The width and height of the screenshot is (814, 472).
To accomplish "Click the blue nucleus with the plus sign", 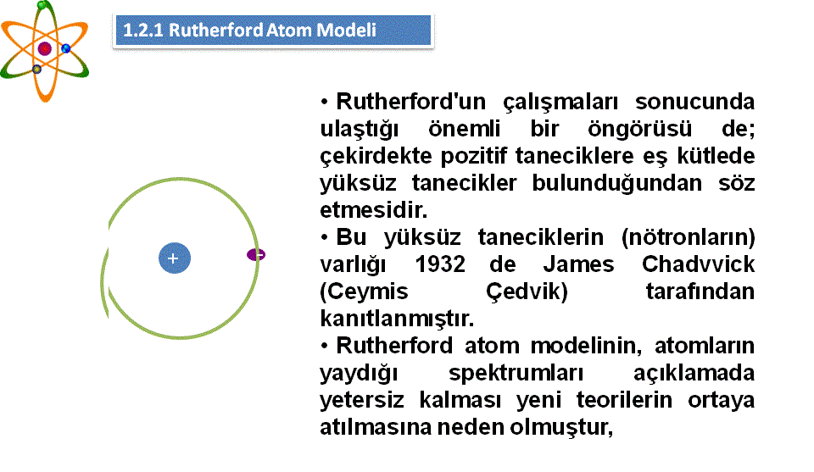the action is click(175, 258).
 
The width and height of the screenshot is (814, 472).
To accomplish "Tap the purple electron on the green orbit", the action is click(256, 255).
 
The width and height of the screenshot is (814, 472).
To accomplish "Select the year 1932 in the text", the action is click(440, 264).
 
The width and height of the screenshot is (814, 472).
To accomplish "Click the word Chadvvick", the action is click(698, 264).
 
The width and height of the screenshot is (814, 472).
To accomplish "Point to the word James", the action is click(578, 264).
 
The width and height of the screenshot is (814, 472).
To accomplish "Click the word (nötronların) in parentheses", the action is click(688, 237).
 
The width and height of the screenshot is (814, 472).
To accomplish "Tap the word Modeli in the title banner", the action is click(346, 31).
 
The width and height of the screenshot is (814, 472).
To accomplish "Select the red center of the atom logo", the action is click(45, 49).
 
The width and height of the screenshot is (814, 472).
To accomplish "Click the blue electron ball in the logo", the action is click(66, 49).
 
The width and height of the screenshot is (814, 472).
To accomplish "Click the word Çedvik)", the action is click(527, 292).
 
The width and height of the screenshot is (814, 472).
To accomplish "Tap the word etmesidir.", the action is click(373, 210).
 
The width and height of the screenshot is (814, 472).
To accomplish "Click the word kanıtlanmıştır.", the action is click(397, 319).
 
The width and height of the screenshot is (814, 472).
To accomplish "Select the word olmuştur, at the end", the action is click(561, 427).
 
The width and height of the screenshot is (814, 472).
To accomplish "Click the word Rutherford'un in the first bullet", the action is click(410, 102).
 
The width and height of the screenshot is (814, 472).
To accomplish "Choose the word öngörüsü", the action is click(639, 129).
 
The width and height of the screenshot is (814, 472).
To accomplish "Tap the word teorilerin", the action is click(624, 400).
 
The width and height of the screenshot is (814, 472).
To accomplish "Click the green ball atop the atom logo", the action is click(43, 6).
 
